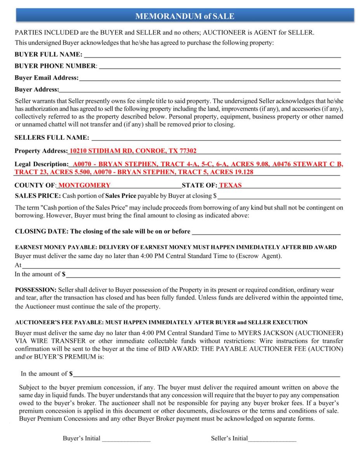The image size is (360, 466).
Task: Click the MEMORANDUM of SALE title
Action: click(x=184, y=16)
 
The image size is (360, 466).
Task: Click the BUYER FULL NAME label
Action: click(x=48, y=54)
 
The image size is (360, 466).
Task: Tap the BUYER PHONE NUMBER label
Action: click(x=56, y=66)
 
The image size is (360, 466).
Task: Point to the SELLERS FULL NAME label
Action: click(x=52, y=137)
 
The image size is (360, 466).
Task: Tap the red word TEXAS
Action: click(x=230, y=186)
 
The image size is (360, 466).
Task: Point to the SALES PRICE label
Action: click(x=37, y=195)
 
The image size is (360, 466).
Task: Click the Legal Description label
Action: click(x=41, y=164)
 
